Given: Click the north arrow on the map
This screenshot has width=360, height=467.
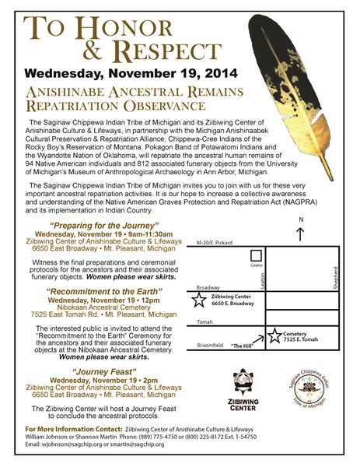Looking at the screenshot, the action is click(x=301, y=232).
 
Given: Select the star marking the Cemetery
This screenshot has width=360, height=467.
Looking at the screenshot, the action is click(x=274, y=336).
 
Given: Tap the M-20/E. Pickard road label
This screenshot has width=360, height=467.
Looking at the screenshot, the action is click(x=215, y=241).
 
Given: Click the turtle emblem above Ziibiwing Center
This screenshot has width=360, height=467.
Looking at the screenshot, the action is click(x=243, y=382).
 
